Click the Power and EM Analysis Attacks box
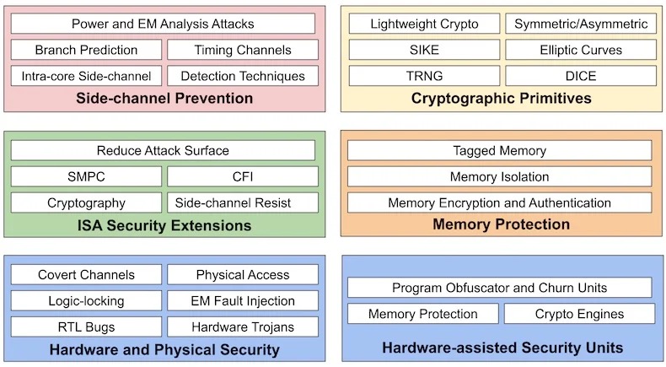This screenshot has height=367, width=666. pyautogui.click(x=163, y=24)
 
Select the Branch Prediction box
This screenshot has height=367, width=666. pyautogui.click(x=86, y=50)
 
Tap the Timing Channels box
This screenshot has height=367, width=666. pyautogui.click(x=242, y=50)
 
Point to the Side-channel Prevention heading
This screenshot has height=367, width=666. pyautogui.click(x=164, y=98)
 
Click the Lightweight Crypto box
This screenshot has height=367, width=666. pyautogui.click(x=424, y=24)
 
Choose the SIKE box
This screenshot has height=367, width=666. pyautogui.click(x=424, y=50)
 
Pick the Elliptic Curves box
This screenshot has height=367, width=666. pyautogui.click(x=580, y=50)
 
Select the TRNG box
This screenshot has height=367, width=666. pyautogui.click(x=424, y=76)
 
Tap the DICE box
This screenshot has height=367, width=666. pyautogui.click(x=580, y=76)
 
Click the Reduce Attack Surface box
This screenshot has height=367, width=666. pyautogui.click(x=163, y=151)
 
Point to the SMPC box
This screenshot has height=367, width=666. pyautogui.click(x=86, y=177)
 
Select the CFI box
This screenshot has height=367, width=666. pyautogui.click(x=242, y=177)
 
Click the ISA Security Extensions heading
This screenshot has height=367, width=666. pyautogui.click(x=164, y=225)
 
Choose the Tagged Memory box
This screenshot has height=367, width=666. pyautogui.click(x=499, y=151)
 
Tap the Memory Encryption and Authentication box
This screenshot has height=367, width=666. pyautogui.click(x=499, y=202)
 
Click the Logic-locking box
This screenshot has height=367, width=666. pyautogui.click(x=86, y=300)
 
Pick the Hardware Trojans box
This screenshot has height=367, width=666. pyautogui.click(x=243, y=327)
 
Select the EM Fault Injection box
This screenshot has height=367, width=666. pyautogui.click(x=243, y=300)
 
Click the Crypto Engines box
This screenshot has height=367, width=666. pyautogui.click(x=579, y=314)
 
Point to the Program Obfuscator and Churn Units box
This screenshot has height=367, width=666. pyautogui.click(x=500, y=288)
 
